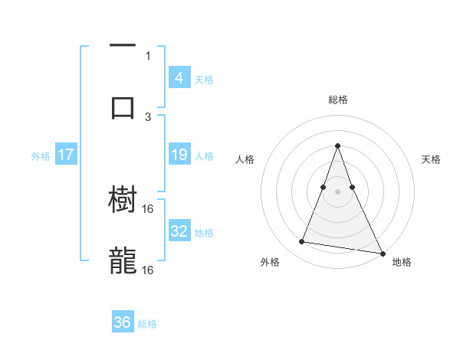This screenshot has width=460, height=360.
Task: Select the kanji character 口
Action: (123, 107)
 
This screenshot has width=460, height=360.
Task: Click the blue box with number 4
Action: (179, 77)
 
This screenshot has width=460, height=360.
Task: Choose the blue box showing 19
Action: (179, 155)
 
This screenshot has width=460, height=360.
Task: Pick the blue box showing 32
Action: (179, 231)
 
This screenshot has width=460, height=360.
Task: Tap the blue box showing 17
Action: (65, 155)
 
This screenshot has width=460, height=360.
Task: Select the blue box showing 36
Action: (123, 322)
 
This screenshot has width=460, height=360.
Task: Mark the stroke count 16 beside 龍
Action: (148, 270)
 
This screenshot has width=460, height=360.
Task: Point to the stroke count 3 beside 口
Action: (148, 116)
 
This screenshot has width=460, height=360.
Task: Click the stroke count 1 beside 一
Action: (148, 55)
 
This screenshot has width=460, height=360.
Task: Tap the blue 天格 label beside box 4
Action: (204, 79)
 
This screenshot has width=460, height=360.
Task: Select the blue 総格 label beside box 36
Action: (147, 324)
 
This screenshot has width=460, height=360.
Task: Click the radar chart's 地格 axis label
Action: (402, 262)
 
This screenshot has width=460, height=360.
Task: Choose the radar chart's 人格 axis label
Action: (245, 159)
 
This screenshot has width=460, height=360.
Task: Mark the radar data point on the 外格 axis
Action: (302, 242)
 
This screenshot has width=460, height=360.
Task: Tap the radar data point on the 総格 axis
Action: (337, 146)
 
